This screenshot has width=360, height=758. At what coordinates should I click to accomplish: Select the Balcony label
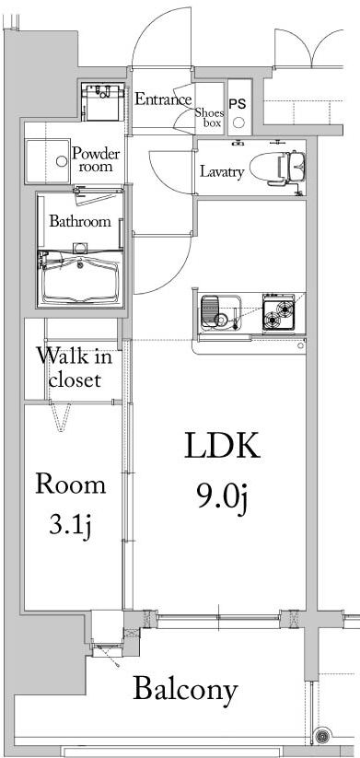coord(185,689)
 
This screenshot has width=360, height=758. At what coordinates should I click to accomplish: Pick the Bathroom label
coord(80,221)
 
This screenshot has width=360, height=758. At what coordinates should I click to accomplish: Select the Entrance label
coord(163,99)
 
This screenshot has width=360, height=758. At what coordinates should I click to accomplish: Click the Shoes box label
coord(208,116)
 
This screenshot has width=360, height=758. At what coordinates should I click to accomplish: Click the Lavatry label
coord(221,171)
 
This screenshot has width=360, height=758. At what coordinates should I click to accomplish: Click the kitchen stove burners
coord(277,314)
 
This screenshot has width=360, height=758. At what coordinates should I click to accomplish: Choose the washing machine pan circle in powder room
coord(62,159)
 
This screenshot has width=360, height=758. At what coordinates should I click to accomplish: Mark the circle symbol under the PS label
coord(238,122)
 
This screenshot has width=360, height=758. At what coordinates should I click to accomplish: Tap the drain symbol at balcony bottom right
coord(323,736)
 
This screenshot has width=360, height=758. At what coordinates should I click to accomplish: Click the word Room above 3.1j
coord(70,484)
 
